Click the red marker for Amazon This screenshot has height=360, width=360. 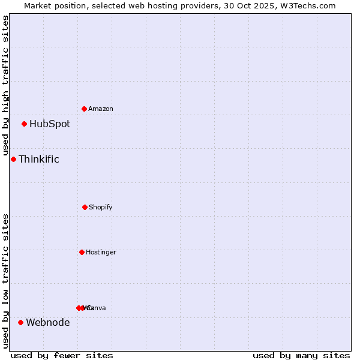pyautogui.click(x=84, y=109)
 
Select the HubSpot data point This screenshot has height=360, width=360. pyautogui.click(x=24, y=124)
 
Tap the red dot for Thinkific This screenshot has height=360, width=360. pyautogui.click(x=13, y=159)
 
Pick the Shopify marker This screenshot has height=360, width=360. pyautogui.click(x=85, y=207)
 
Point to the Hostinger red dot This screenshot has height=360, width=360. pyautogui.click(x=82, y=252)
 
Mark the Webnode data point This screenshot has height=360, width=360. pyautogui.click(x=20, y=322)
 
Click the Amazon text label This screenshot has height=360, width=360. pyautogui.click(x=101, y=109)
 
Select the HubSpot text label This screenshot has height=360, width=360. pyautogui.click(x=50, y=124)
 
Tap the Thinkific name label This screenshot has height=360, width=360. pyautogui.click(x=39, y=159)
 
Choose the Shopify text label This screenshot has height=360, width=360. pyautogui.click(x=101, y=208)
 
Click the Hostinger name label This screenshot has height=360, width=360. pyautogui.click(x=101, y=253)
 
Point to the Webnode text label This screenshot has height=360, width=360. pyautogui.click(x=48, y=323)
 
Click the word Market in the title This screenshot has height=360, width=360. pyautogui.click(x=39, y=5)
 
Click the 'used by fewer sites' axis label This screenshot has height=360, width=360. pyautogui.click(x=62, y=355)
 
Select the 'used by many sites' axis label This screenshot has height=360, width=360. pyautogui.click(x=301, y=355)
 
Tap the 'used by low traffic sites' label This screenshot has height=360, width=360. pyautogui.click(x=5, y=281)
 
